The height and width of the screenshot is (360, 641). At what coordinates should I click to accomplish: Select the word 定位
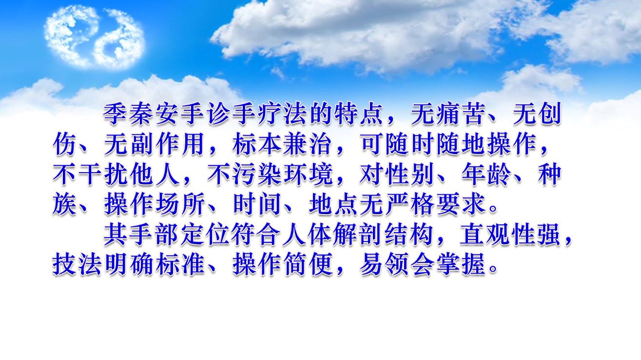point(206,236)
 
